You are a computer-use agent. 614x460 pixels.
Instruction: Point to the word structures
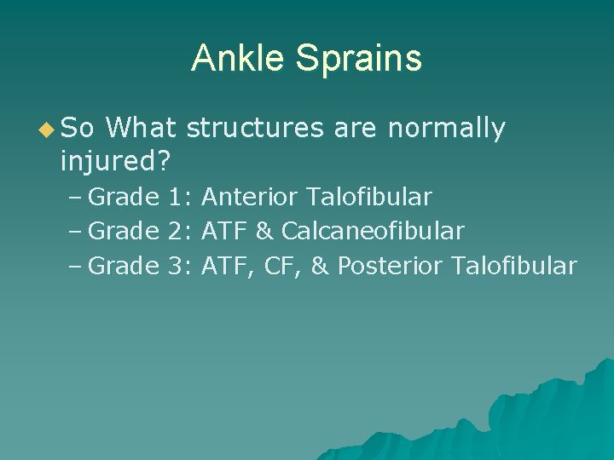(x=255, y=129)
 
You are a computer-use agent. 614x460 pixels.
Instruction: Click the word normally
(x=446, y=129)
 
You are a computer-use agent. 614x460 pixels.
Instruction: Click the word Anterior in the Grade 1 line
(x=250, y=198)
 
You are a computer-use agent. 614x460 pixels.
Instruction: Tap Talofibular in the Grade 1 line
(x=369, y=198)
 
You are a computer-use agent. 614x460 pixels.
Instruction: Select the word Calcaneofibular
(x=373, y=231)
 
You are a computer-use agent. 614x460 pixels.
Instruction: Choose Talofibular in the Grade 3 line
(x=515, y=266)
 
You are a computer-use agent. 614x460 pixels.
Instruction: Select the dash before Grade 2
(x=74, y=231)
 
